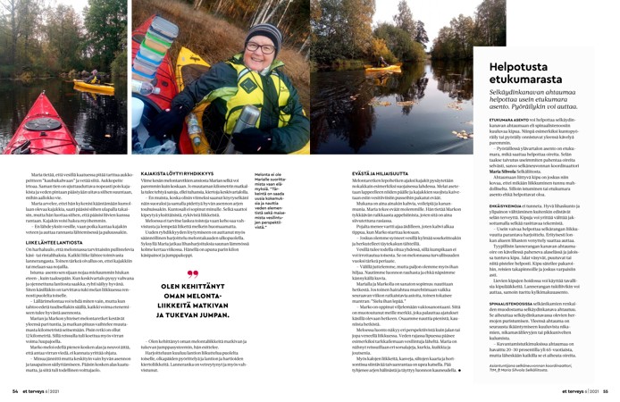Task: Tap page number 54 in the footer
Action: point(12,390)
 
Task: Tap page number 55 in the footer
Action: point(607,390)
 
